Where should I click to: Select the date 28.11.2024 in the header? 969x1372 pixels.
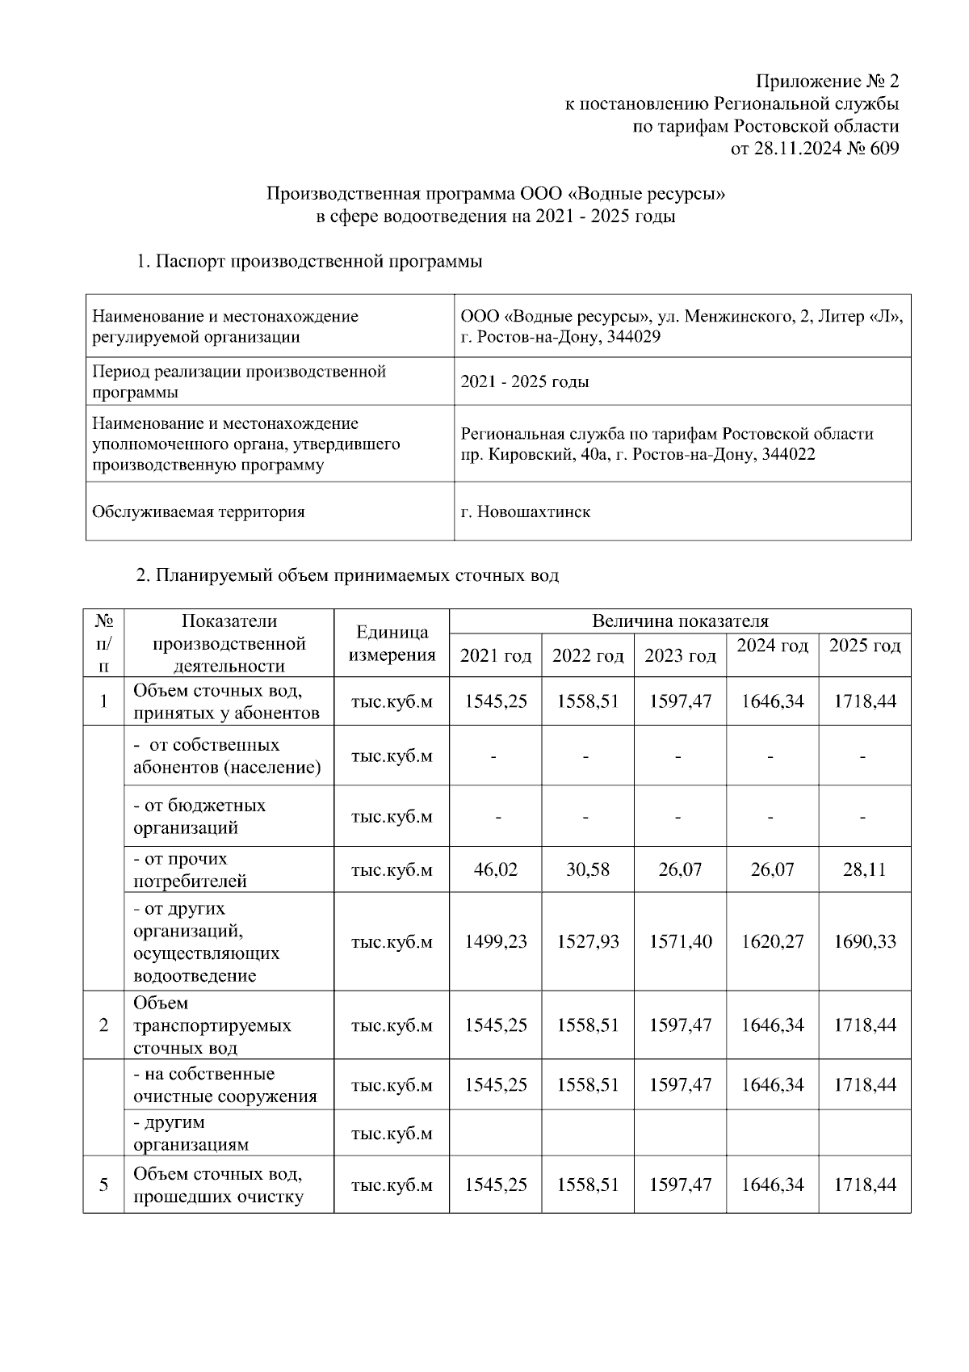pos(794,149)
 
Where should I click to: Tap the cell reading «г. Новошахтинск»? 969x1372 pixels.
pos(525,511)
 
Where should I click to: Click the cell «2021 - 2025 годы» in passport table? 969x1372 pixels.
pos(524,381)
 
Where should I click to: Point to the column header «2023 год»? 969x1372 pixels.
pos(680,655)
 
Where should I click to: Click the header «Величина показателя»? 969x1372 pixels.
pos(680,621)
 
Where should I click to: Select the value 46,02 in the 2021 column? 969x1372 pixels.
pos(495,869)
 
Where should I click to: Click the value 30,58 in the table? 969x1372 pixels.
pos(587,869)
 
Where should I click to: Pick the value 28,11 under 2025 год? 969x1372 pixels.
pos(864,869)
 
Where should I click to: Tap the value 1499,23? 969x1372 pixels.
pos(495,941)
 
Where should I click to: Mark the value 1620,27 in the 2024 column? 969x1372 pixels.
pos(772,941)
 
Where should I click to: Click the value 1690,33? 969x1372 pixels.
pos(864,941)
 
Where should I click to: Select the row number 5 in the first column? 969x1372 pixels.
pos(103,1185)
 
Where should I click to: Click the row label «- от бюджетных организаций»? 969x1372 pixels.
pos(199,816)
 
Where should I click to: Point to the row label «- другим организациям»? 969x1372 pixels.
pos(191,1133)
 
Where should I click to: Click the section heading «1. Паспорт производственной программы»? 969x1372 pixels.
pos(309,262)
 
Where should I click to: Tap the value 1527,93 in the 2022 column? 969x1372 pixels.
pos(587,941)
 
